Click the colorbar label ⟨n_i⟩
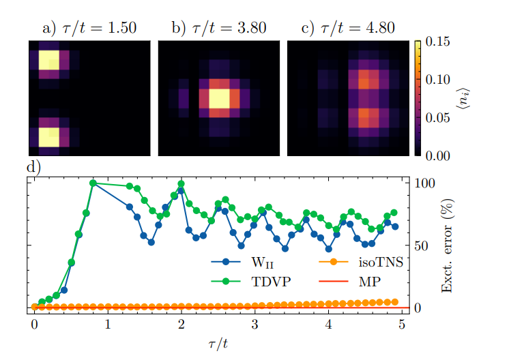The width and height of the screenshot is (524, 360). pyautogui.click(x=471, y=99)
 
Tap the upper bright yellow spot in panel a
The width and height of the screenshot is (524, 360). pyautogui.click(x=48, y=61)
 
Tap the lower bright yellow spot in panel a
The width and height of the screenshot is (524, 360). pyautogui.click(x=48, y=137)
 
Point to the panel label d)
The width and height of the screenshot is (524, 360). pyautogui.click(x=34, y=167)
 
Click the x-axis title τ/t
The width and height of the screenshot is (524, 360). pyautogui.click(x=218, y=343)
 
